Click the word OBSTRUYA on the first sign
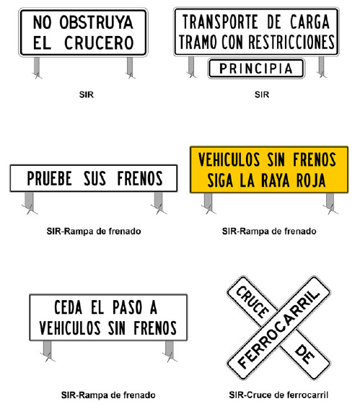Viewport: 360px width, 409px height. point(96,22)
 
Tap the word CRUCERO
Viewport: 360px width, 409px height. point(99,43)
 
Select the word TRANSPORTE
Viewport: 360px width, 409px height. point(220,22)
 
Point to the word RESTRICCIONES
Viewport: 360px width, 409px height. point(291,42)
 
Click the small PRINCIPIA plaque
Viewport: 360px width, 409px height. point(256,69)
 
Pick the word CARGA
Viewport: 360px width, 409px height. point(309,22)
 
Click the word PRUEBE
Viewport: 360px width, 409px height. point(50,178)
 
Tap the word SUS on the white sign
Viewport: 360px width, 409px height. point(95,178)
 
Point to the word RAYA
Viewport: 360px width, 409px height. point(275,180)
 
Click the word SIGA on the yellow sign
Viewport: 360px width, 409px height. point(220,180)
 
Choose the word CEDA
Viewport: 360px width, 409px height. point(68,307)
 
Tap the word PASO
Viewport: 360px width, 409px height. point(127,307)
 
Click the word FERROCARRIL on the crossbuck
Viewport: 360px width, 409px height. point(278,329)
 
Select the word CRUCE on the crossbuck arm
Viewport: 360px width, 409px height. point(253,302)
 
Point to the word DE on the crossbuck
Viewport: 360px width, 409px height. point(304,354)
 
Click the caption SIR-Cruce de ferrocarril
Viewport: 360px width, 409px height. point(278,395)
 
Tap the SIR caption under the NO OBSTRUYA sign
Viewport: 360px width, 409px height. point(87,94)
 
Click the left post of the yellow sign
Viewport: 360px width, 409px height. point(208,202)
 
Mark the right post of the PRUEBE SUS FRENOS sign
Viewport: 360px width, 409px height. point(158,201)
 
